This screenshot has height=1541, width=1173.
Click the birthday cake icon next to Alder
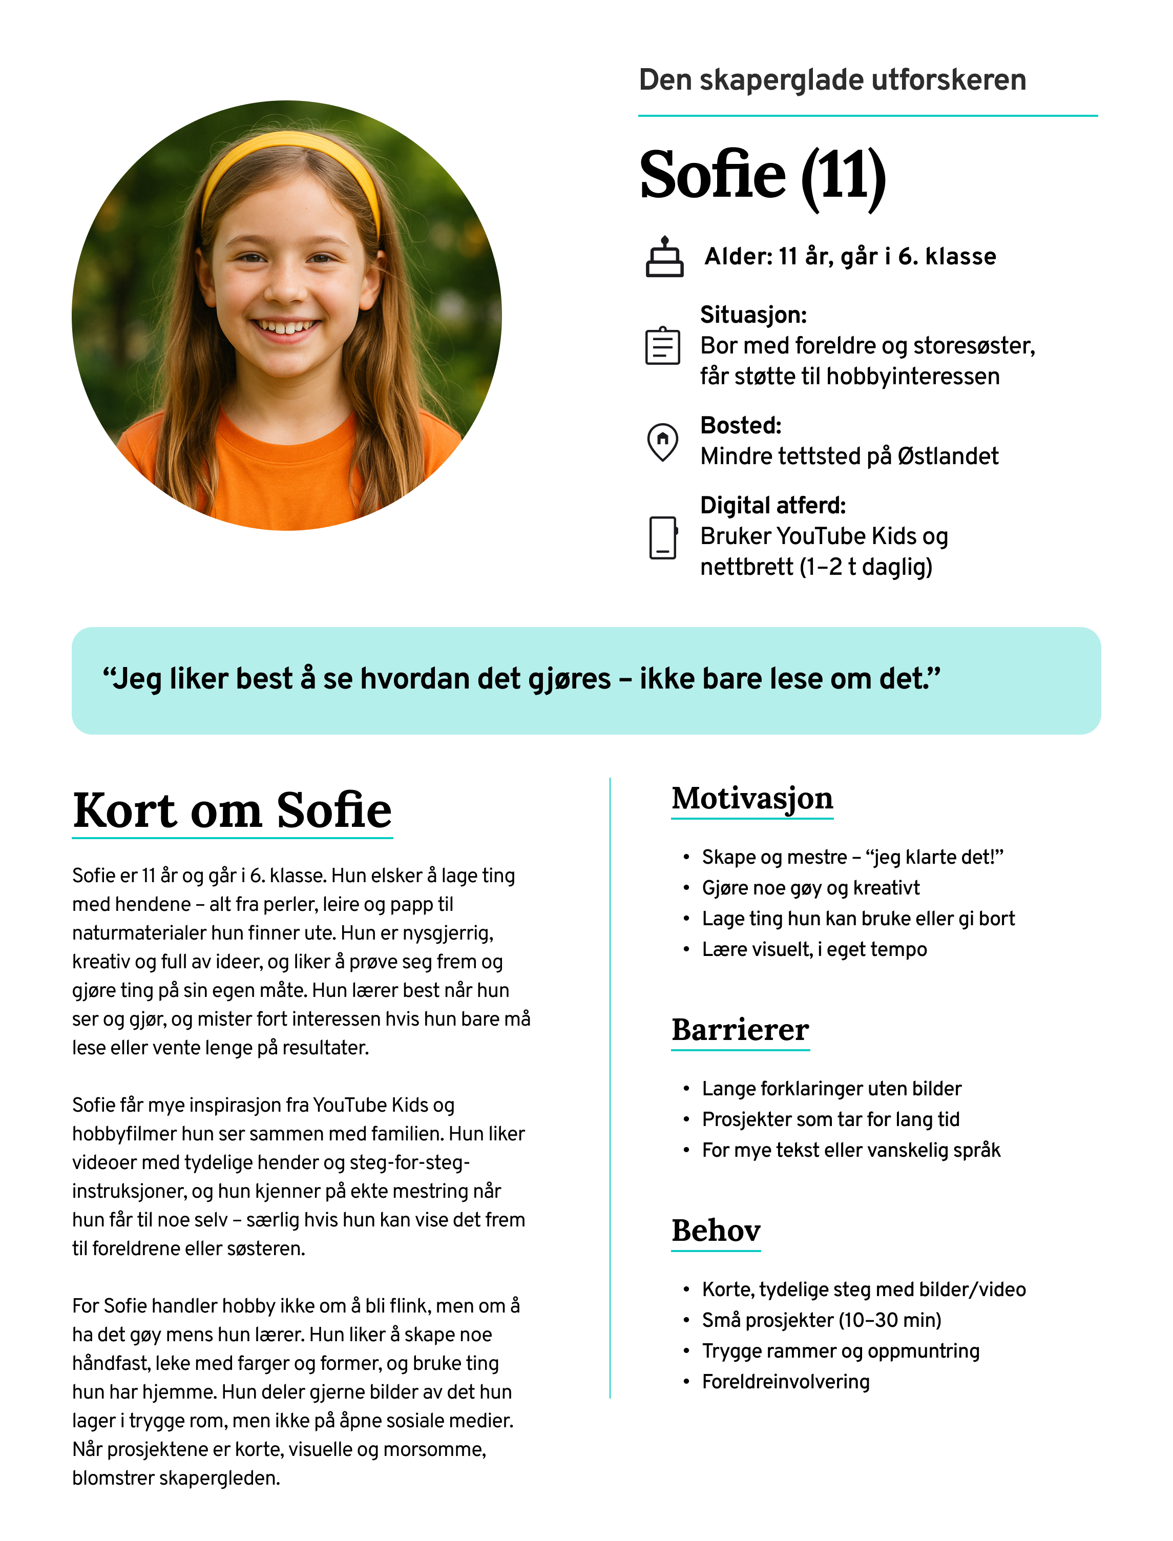(664, 257)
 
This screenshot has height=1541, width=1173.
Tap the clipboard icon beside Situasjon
(662, 346)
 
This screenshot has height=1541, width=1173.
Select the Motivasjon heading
(752, 798)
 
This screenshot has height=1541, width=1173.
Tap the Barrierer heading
(740, 1029)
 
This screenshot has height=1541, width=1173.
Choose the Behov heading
(716, 1230)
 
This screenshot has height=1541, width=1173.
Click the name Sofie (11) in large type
(762, 175)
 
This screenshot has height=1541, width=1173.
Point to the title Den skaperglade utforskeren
(832, 80)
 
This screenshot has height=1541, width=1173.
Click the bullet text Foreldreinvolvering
(785, 1381)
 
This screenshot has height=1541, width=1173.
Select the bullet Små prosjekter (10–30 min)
(821, 1320)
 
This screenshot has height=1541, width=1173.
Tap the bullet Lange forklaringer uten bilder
(831, 1089)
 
